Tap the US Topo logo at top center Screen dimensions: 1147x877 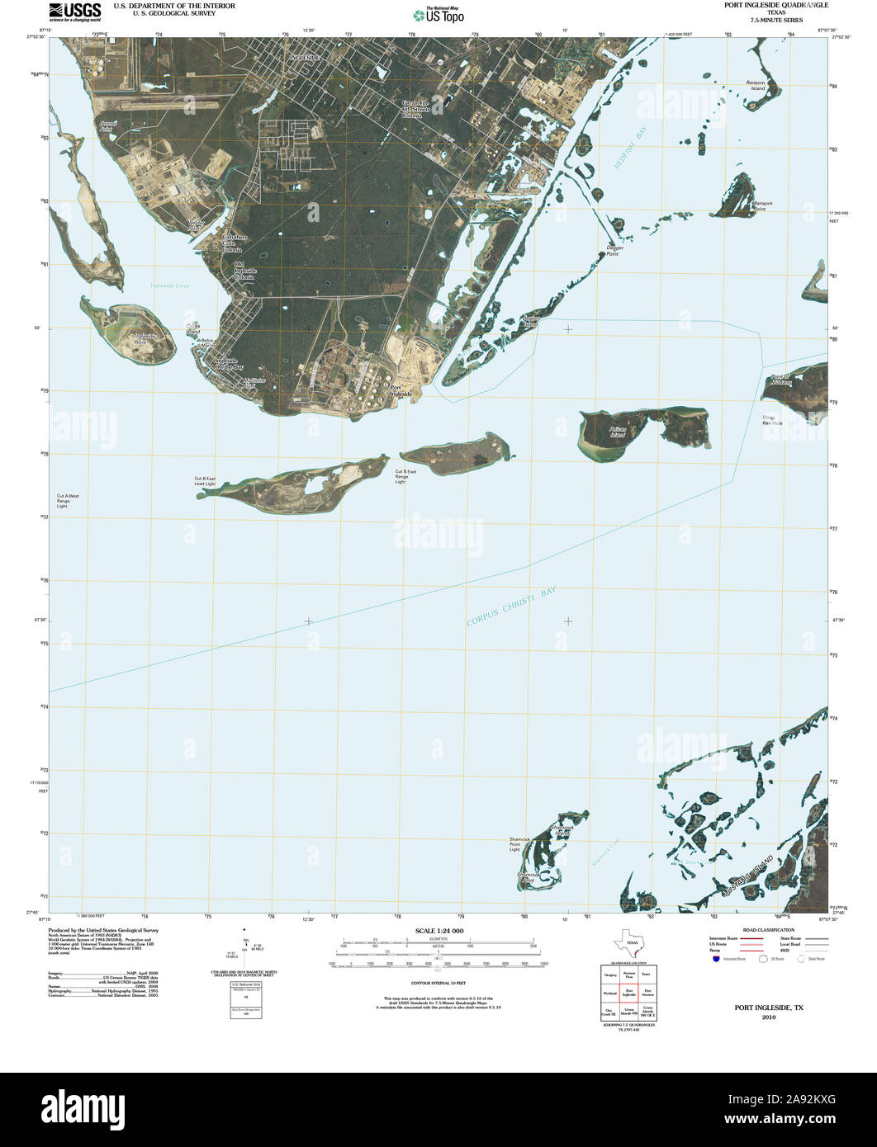(438, 14)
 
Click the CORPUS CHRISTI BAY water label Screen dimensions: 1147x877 (512, 607)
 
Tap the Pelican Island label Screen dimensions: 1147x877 (613, 432)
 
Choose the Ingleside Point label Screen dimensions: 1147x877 (145, 337)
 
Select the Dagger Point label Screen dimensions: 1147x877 (614, 250)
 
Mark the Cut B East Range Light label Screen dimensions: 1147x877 (405, 476)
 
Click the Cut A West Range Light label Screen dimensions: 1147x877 (69, 501)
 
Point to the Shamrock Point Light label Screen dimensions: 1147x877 (520, 843)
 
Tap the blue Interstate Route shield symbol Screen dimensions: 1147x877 (715, 958)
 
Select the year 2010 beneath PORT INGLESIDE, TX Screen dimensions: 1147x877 (770, 1017)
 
